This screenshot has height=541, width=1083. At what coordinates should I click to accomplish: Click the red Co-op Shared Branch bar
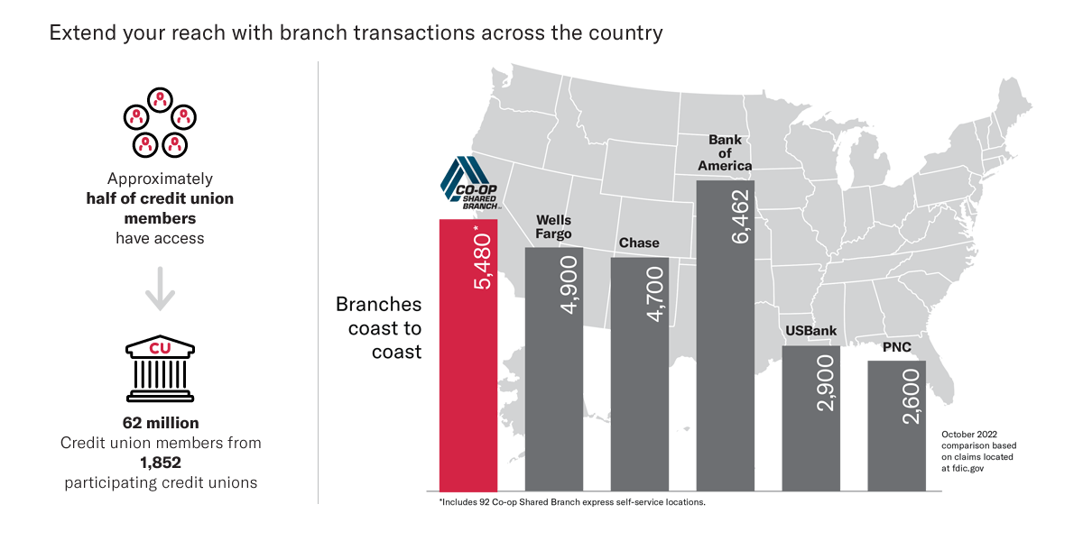pos(467,379)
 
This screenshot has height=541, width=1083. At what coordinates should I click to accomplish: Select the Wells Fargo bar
pos(553,388)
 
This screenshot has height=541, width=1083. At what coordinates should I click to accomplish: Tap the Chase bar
pos(639,397)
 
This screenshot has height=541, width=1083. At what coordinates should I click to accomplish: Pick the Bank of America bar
pos(726,361)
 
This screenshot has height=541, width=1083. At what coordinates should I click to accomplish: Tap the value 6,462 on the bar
pos(739,217)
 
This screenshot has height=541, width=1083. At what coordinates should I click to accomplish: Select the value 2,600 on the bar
pos(911,398)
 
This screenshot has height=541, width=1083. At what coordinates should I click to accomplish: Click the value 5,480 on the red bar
pos(482,261)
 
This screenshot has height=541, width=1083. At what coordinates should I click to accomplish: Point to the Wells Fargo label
pos(553,227)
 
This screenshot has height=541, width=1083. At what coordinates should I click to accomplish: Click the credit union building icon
pos(160,370)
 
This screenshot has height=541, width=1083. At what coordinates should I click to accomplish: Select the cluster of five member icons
pos(160,123)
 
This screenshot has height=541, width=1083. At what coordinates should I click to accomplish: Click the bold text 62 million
pos(161,422)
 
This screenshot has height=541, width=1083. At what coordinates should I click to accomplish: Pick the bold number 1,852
pos(161,463)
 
